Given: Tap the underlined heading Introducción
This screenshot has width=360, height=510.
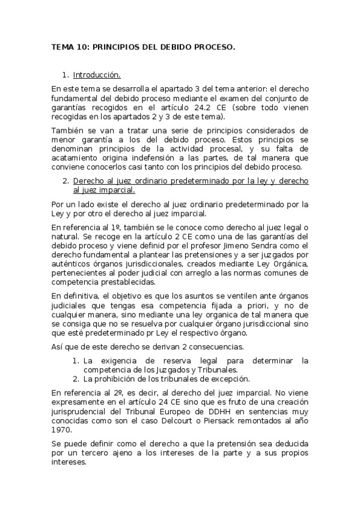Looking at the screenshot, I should click(97, 75).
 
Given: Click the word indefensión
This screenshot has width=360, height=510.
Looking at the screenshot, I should click(174, 158).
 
